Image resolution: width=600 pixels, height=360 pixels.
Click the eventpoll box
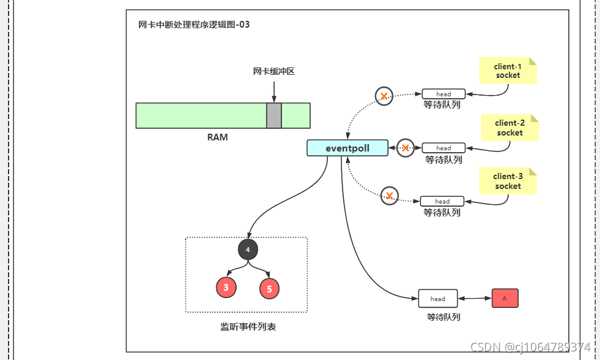pos(347,148)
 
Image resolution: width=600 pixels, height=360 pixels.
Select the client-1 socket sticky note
pos(507,71)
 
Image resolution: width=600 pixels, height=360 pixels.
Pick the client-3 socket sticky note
pos(507,181)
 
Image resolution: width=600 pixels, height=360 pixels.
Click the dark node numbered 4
pos(248,250)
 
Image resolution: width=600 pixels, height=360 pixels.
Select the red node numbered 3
pos(226,287)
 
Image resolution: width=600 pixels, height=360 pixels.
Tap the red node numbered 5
pos(270,288)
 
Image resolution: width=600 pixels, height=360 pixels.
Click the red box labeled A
pos(505,298)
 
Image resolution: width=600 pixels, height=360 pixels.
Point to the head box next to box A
pos(438,299)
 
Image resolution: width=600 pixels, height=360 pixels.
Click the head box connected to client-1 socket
pos(444,94)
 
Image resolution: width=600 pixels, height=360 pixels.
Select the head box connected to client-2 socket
pos(444,148)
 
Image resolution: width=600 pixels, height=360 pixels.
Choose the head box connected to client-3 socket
pos(442,201)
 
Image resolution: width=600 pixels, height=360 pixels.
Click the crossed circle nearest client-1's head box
pos(384,96)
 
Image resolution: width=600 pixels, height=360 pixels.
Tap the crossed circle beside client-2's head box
pos(405,148)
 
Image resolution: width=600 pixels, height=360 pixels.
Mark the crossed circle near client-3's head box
pos(389,196)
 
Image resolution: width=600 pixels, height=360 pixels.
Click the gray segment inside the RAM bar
pos(274,115)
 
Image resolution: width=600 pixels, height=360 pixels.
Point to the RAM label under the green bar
pos(217,137)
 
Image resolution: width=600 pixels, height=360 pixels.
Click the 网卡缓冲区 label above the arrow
pos(274,71)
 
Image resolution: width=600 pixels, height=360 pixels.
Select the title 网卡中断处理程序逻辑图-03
pos(194,25)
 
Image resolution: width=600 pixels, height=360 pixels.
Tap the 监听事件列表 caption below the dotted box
pos(248,327)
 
